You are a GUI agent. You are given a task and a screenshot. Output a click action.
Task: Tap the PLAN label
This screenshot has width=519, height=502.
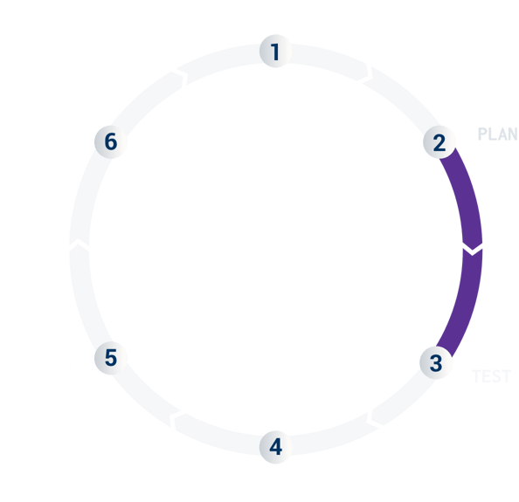coord(498,134)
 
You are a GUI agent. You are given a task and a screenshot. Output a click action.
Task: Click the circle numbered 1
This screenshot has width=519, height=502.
coord(275,52)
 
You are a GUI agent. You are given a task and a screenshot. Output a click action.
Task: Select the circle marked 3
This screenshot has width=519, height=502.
coord(436,361)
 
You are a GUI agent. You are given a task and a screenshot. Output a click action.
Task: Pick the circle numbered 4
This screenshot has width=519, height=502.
coord(275,447)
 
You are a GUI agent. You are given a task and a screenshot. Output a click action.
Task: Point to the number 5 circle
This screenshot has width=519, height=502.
coord(111,357)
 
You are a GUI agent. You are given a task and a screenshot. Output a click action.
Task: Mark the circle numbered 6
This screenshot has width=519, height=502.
coord(111,141)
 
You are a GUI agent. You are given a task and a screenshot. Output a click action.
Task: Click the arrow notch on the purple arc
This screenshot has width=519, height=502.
coord(472,251)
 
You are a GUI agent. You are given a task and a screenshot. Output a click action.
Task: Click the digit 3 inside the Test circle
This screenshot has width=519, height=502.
coord(436,361)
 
